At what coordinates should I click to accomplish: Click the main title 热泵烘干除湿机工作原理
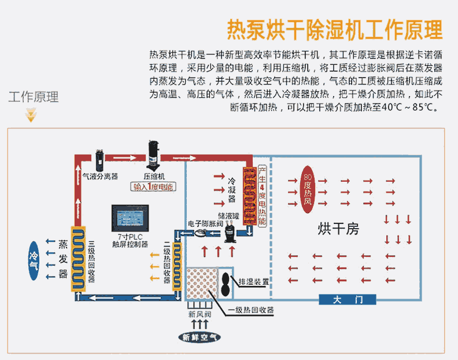[x=335, y=29]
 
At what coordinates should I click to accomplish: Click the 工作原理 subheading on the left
[x=34, y=97]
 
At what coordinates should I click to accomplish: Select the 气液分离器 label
[x=100, y=175]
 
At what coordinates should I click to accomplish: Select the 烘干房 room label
[x=338, y=229]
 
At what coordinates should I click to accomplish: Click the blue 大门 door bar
[x=348, y=299]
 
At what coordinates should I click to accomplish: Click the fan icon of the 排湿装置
[x=224, y=282]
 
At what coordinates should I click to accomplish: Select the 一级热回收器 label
[x=250, y=310]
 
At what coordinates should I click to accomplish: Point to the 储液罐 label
[x=233, y=214]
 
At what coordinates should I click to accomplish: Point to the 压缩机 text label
[x=154, y=175]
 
